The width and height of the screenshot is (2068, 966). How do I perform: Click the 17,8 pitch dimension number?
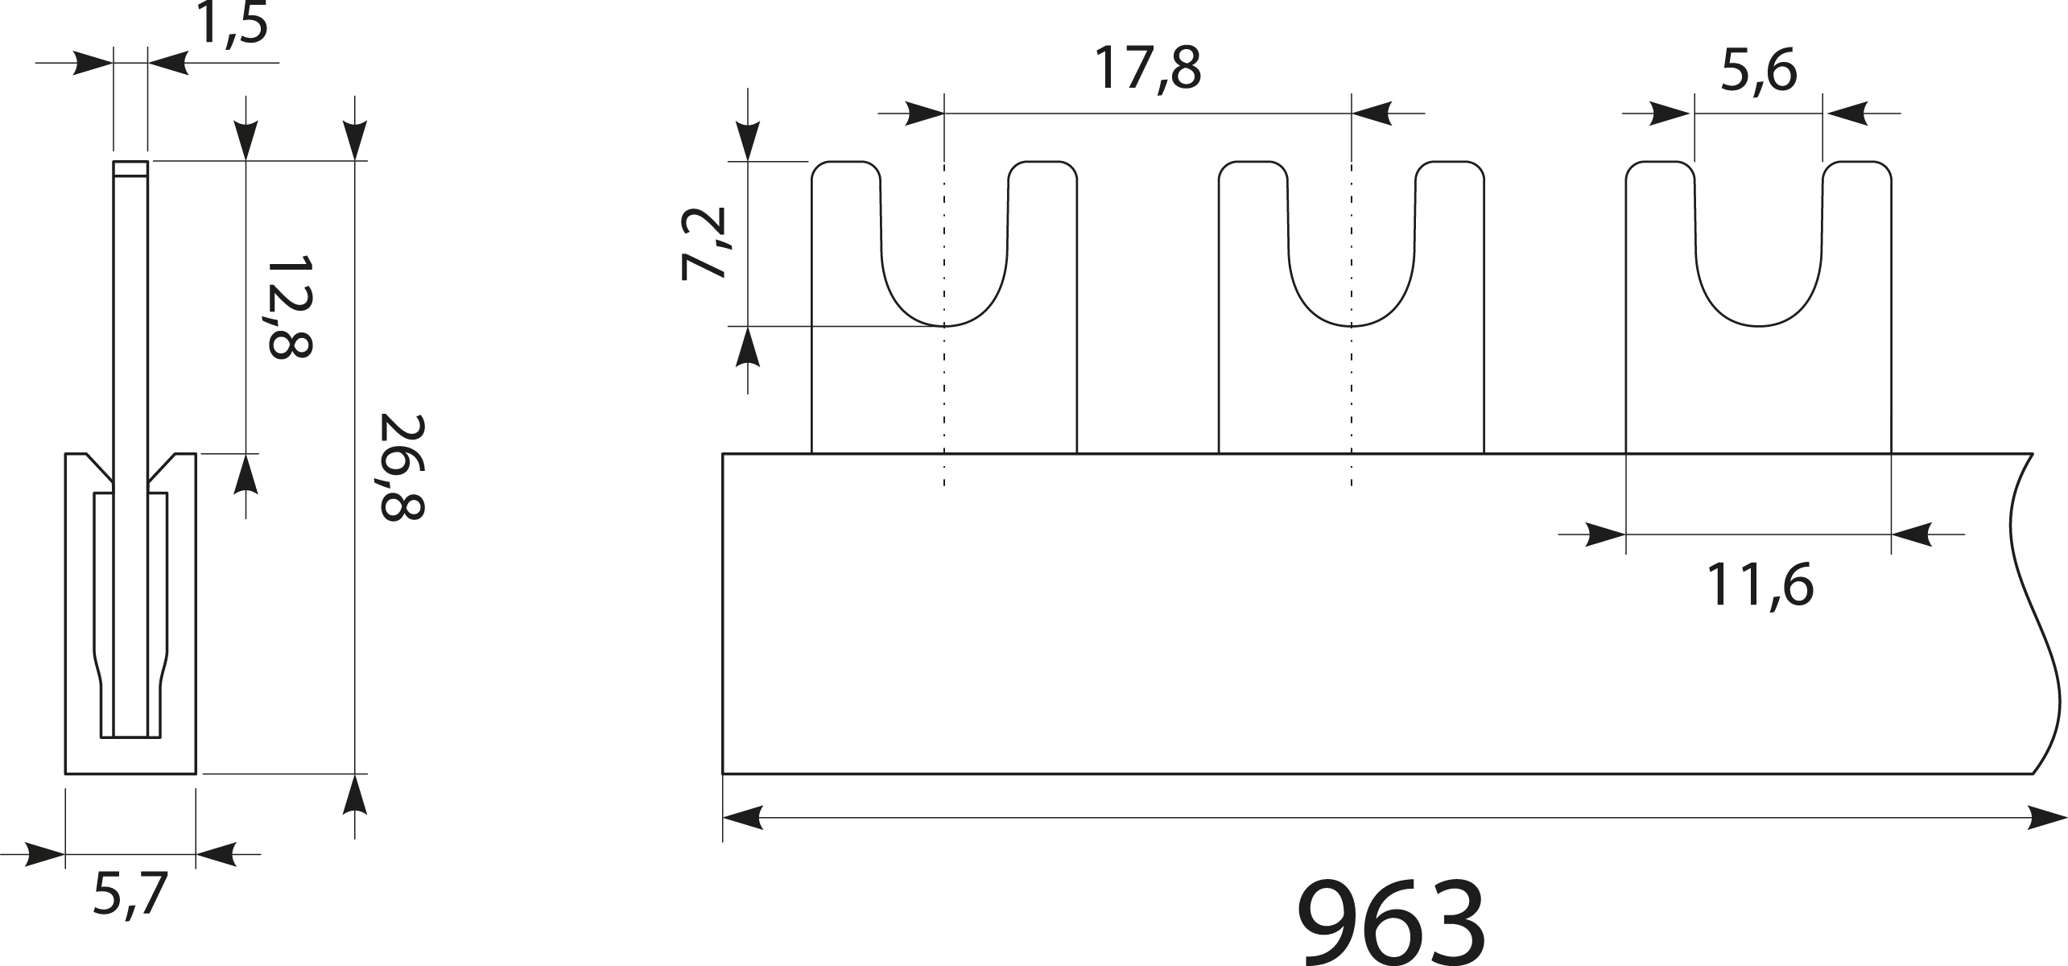(1146, 70)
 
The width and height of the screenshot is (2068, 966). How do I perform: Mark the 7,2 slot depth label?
(703, 244)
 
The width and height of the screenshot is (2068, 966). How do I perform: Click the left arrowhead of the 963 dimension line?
(742, 818)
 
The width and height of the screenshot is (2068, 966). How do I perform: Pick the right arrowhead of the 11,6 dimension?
(1911, 534)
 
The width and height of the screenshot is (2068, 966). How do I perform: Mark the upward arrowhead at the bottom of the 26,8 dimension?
(355, 797)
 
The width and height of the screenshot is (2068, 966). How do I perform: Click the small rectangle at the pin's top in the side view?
(130, 168)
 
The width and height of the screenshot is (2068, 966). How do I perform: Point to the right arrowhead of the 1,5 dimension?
(167, 62)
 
